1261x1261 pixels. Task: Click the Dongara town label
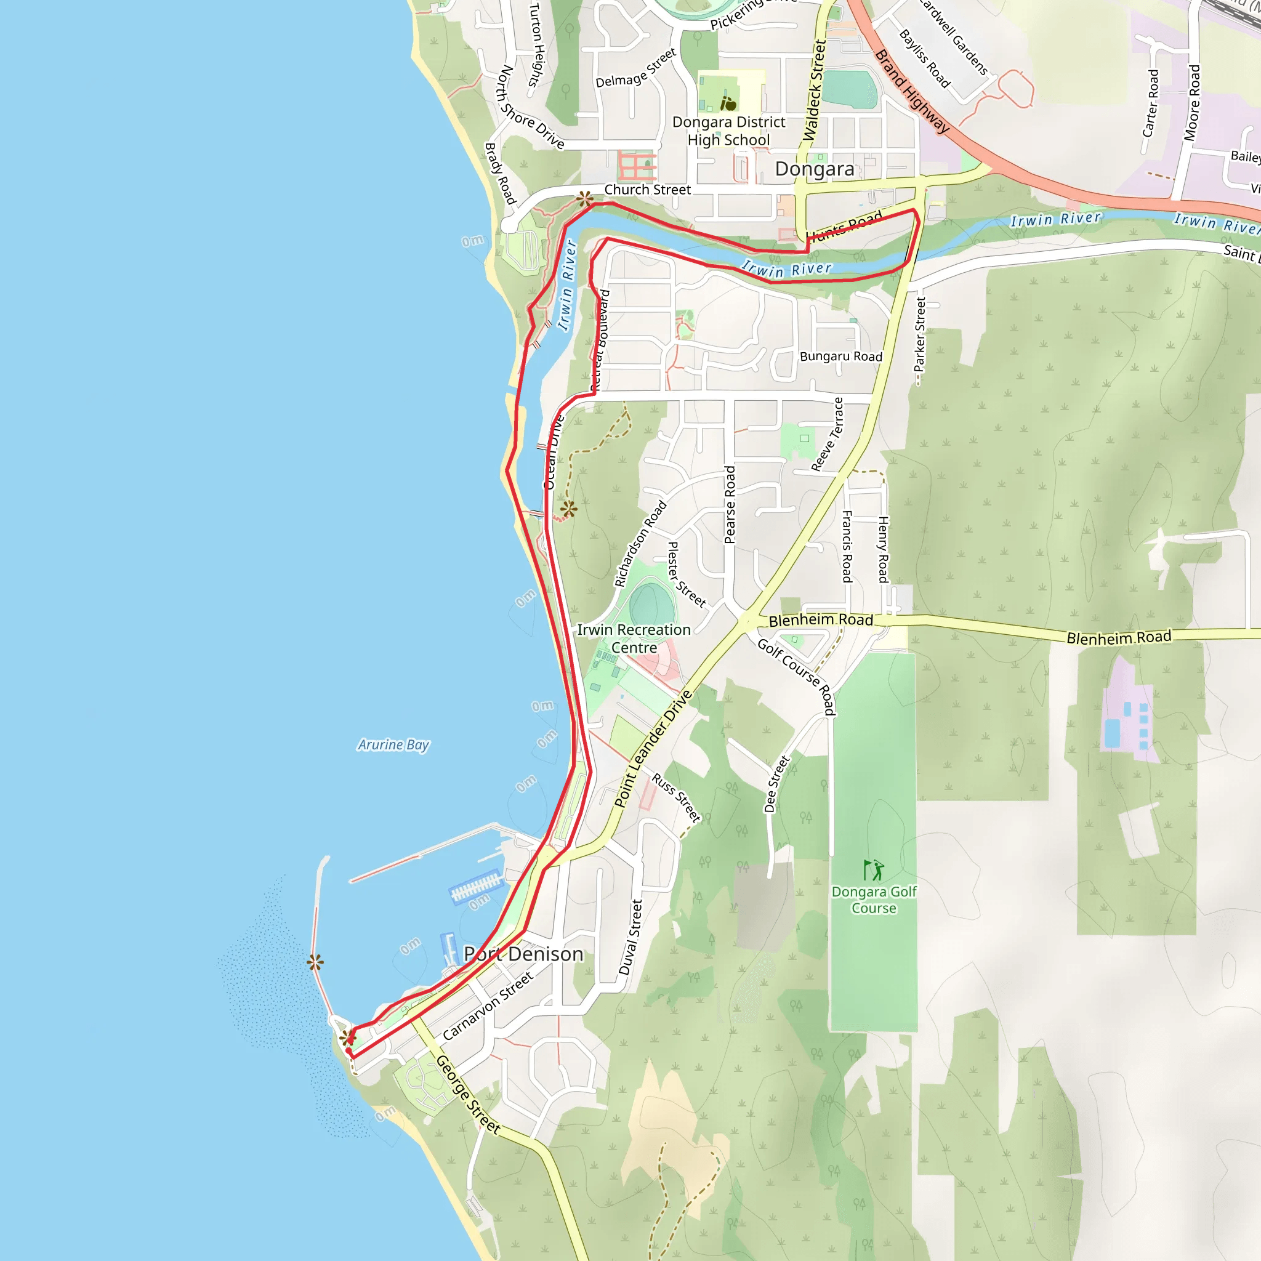[x=815, y=169]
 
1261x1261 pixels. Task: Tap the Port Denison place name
[x=523, y=954]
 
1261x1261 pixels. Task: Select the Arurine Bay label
[x=393, y=745]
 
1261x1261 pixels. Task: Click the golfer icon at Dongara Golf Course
[x=873, y=870]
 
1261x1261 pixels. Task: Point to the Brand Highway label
[x=911, y=92]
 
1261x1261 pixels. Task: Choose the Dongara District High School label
[x=728, y=131]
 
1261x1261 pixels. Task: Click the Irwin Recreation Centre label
[x=634, y=639]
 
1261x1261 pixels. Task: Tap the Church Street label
[x=648, y=189]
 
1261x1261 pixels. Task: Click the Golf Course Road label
[x=796, y=676]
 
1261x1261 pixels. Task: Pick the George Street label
[x=468, y=1095]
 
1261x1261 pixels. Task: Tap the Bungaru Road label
[x=840, y=357]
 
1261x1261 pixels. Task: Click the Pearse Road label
[x=730, y=504]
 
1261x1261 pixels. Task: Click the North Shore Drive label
[x=530, y=107]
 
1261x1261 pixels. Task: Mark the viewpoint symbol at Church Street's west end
[x=585, y=198]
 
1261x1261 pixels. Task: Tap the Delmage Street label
[x=635, y=68]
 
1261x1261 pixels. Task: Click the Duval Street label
[x=631, y=937]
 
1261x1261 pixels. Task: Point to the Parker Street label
[x=921, y=334]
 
